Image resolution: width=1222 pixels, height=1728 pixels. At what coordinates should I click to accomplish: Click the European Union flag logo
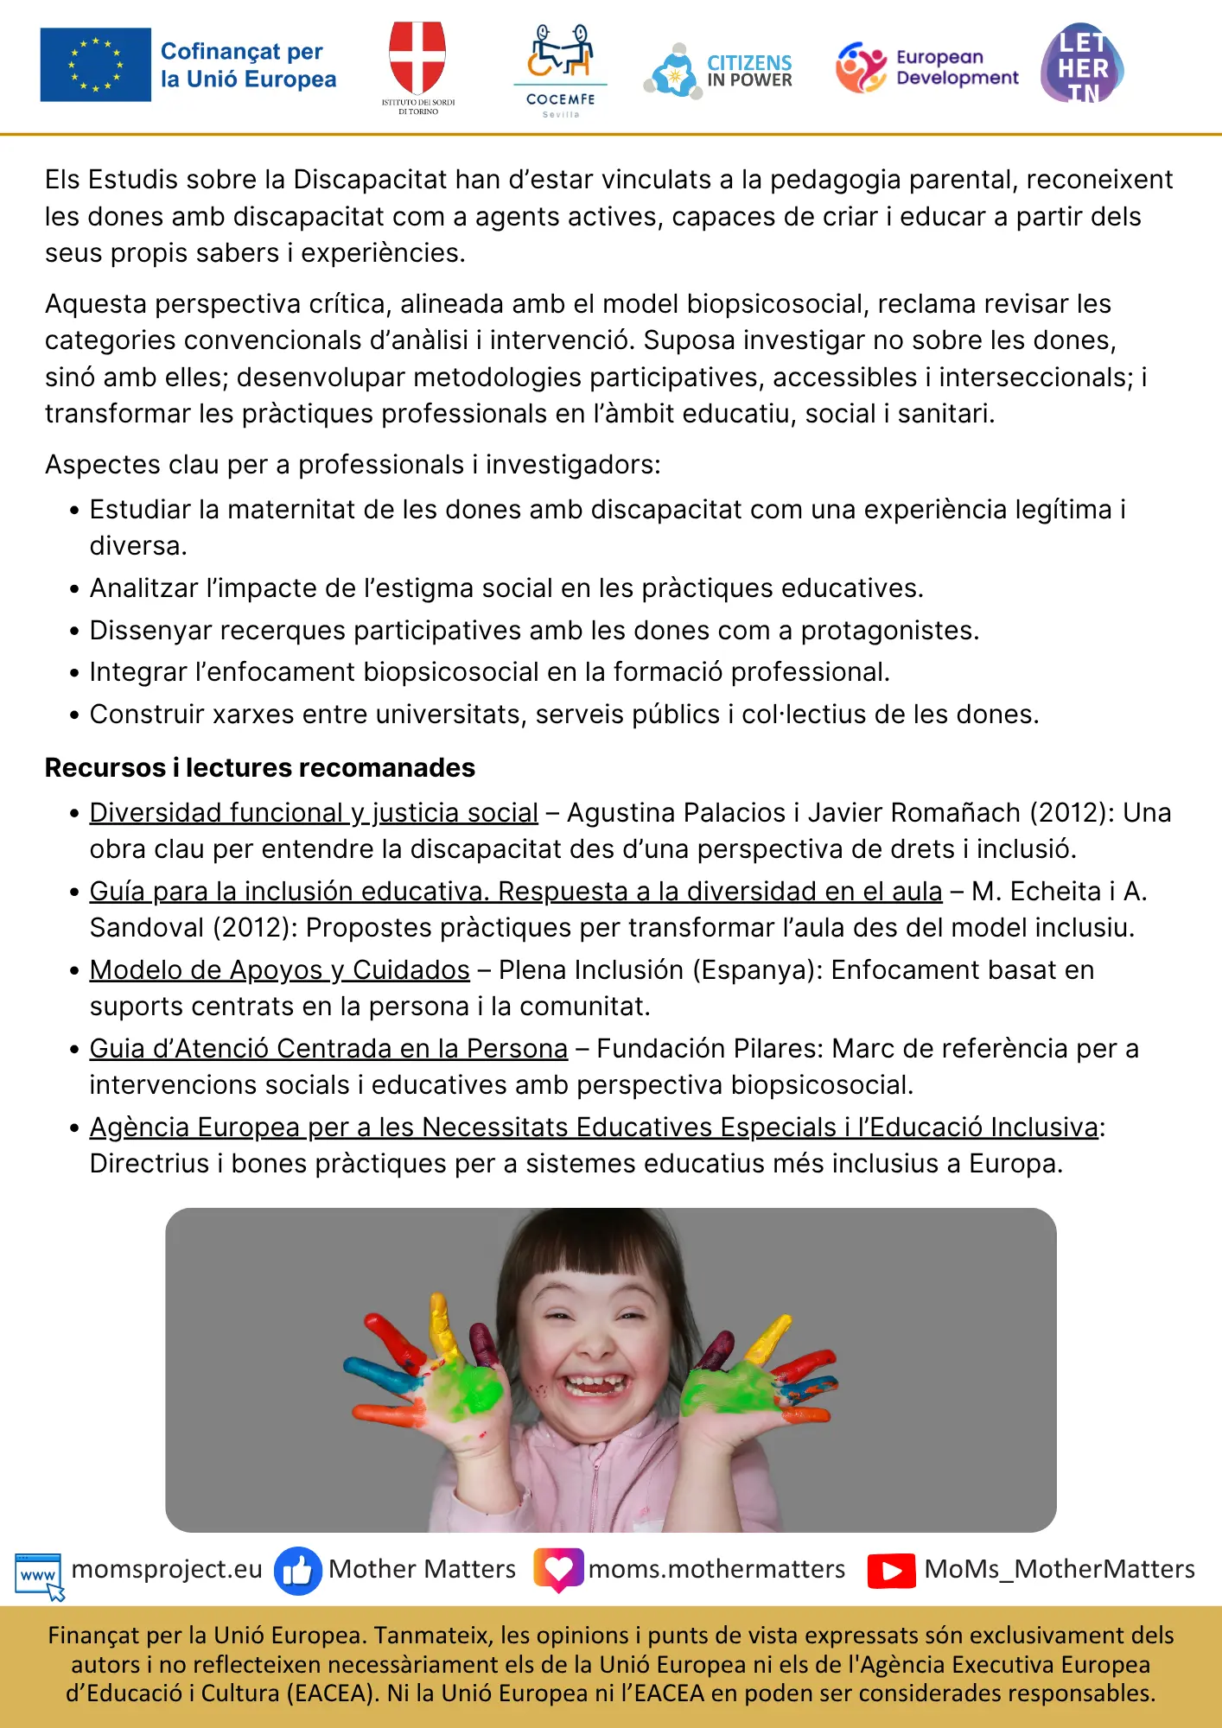[95, 65]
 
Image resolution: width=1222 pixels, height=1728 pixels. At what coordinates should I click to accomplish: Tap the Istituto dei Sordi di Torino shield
[417, 60]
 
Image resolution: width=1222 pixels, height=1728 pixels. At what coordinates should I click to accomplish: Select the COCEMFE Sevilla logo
[560, 69]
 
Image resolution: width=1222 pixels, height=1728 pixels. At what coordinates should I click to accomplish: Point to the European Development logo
[926, 67]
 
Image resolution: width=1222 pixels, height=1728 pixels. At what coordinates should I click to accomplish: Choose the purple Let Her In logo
[1082, 65]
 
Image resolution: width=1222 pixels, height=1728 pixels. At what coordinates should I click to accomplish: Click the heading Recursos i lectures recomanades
[259, 767]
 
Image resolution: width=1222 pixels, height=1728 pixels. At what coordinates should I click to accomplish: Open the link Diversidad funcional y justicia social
[314, 813]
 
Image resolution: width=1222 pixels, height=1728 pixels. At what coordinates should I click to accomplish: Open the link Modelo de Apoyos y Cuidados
[279, 970]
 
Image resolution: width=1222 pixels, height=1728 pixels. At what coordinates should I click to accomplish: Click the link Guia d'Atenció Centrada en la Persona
[328, 1049]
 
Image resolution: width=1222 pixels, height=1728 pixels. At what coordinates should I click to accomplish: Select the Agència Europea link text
[594, 1128]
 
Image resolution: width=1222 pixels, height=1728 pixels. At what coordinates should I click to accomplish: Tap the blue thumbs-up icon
[297, 1570]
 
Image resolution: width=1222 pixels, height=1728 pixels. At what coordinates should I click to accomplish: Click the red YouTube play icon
[891, 1571]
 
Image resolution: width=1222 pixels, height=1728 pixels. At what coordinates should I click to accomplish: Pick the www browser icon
[39, 1573]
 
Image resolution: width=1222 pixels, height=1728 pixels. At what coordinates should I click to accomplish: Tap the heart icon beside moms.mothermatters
[558, 1569]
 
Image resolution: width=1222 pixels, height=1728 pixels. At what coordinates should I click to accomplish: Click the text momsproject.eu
[167, 1569]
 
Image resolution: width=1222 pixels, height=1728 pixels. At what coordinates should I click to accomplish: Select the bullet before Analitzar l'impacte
[74, 589]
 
